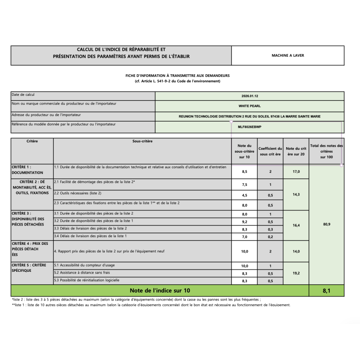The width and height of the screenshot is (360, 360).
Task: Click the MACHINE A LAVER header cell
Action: [288, 56]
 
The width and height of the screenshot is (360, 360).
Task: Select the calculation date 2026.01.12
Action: [250, 96]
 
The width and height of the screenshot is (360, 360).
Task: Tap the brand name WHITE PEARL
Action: [250, 106]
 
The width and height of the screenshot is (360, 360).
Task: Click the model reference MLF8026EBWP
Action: [250, 127]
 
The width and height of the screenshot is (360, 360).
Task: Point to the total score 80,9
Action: [327, 224]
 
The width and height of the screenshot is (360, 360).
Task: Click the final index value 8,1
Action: [327, 291]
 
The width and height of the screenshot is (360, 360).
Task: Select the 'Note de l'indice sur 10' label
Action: [160, 291]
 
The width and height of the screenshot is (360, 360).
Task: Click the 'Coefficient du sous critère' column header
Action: [270, 151]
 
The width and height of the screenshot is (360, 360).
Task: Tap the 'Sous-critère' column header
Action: [142, 141]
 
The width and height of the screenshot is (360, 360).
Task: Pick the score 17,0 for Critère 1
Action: [296, 171]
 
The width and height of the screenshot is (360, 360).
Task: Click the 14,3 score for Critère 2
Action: [296, 194]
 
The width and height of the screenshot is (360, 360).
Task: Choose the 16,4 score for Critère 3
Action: [296, 225]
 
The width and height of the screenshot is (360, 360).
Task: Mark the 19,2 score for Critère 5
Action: [296, 273]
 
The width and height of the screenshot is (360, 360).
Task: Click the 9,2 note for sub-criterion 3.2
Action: [244, 221]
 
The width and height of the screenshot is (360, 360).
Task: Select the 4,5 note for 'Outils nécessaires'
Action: [244, 195]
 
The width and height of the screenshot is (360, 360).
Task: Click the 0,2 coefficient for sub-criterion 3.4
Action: [270, 236]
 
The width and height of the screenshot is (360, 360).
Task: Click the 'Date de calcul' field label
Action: [23, 95]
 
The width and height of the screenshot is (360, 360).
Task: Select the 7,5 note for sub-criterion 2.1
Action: [244, 184]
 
